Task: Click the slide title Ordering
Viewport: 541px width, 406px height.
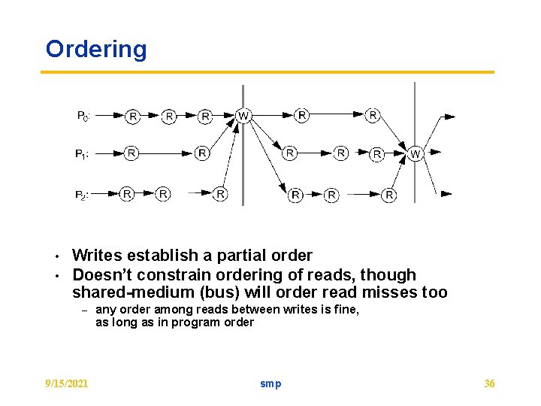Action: coord(96,50)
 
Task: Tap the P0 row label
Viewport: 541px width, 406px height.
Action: coord(83,116)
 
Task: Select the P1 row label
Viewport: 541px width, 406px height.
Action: coord(83,154)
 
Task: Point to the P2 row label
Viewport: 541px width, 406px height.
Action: coord(83,195)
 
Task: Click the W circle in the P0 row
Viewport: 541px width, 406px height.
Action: coord(243,116)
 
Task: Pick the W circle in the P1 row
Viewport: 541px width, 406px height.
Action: coord(416,153)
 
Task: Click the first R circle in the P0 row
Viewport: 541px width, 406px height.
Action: coord(133,116)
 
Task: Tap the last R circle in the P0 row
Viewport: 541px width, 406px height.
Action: coord(373,115)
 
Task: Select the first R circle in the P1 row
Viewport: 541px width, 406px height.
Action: coord(131,153)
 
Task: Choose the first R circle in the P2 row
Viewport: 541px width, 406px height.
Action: coord(127,194)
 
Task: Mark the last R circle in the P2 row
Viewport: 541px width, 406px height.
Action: coord(389,195)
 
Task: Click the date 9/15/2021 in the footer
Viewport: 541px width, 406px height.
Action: coord(67,383)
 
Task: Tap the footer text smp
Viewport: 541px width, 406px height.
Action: coord(270,383)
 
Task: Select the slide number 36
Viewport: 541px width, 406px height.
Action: coord(489,383)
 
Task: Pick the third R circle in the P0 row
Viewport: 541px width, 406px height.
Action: coord(206,116)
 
